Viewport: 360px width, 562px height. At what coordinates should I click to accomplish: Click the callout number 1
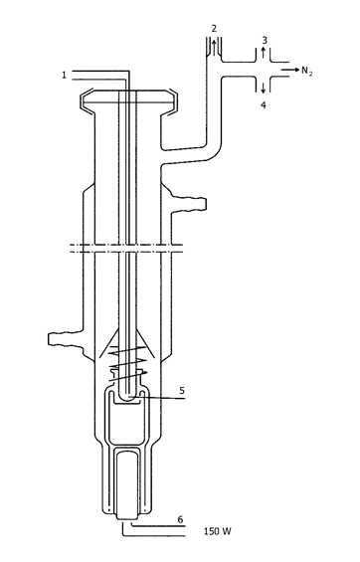[x=64, y=76]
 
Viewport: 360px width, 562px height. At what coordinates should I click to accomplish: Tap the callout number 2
[x=214, y=29]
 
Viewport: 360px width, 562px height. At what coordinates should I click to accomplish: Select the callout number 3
[x=265, y=40]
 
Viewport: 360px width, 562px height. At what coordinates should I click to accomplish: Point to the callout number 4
[x=264, y=105]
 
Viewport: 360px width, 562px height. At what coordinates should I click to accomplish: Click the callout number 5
[x=182, y=390]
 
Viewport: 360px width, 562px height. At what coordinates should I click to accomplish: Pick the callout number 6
[x=181, y=519]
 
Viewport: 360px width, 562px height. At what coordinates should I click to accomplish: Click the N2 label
[x=306, y=71]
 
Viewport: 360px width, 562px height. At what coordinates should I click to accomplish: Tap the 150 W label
[x=218, y=531]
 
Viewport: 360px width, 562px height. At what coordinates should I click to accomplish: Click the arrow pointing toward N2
[x=289, y=70]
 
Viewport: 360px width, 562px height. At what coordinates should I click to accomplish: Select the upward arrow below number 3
[x=264, y=53]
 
